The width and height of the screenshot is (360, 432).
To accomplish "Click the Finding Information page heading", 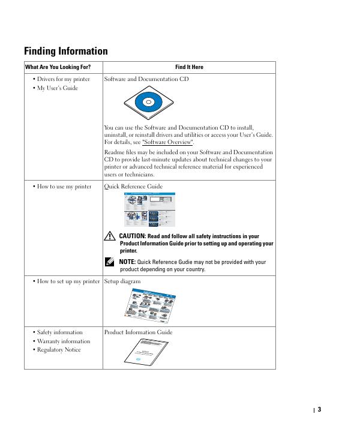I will click(66, 51).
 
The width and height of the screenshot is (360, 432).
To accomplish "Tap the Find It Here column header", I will click(189, 67).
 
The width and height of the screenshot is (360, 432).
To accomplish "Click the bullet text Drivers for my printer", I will click(63, 79).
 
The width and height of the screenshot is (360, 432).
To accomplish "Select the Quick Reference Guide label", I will click(133, 187).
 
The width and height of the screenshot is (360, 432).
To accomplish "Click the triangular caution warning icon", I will click(109, 237).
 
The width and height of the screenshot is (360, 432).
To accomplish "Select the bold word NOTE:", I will click(127, 262).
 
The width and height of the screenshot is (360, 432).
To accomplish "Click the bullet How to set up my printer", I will click(68, 281).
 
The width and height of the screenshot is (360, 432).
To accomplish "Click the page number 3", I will click(319, 410).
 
